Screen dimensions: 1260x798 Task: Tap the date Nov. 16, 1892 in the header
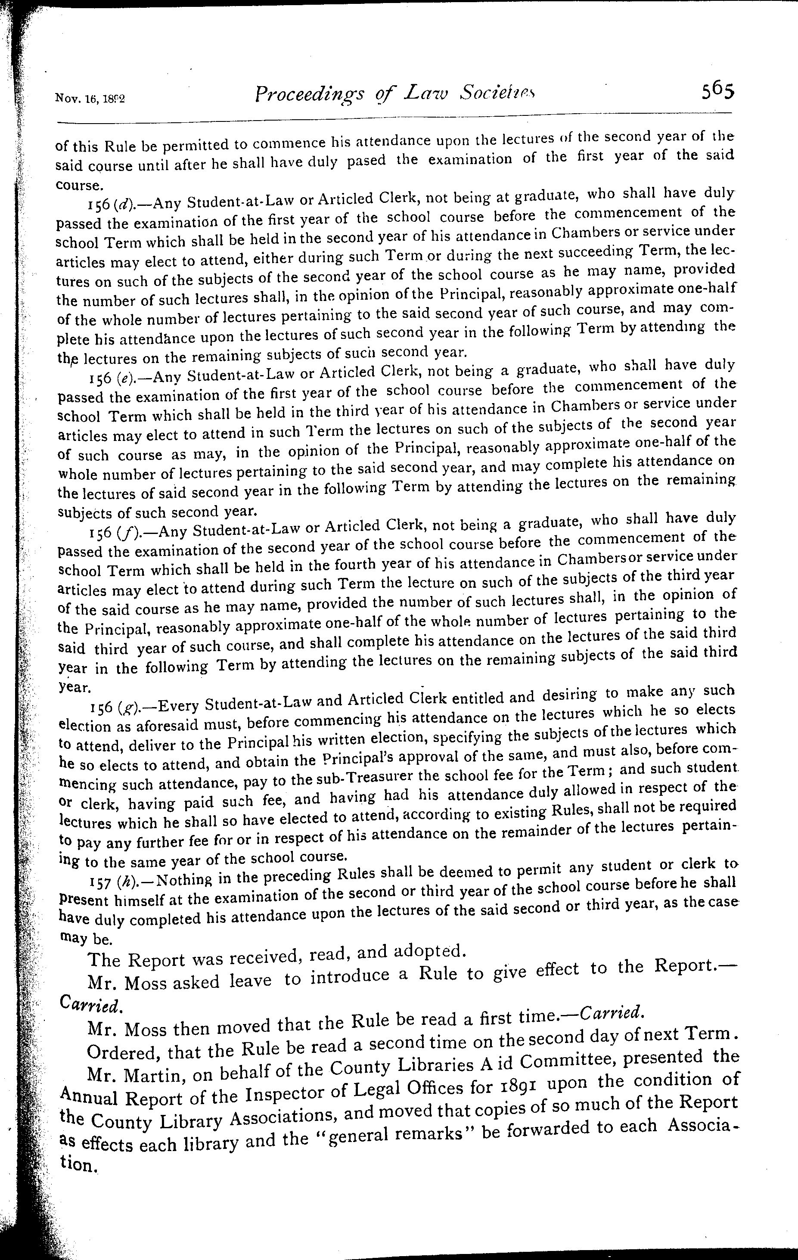click(x=90, y=98)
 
